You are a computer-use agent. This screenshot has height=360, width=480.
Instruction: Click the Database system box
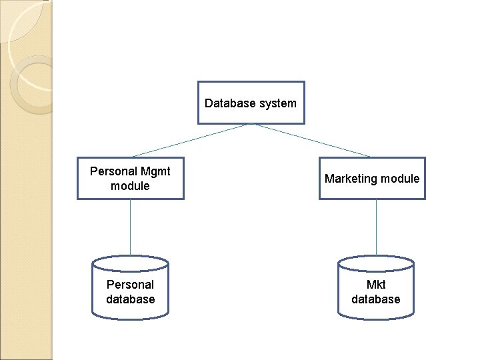[x=251, y=103]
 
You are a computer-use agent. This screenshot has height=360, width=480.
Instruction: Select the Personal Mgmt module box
[x=131, y=178]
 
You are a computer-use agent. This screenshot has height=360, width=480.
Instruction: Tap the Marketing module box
[x=372, y=178]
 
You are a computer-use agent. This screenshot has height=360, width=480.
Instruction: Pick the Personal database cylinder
[x=131, y=288]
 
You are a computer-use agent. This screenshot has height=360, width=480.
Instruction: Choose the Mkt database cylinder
[x=376, y=288]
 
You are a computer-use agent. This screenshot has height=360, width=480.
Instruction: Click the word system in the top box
[x=278, y=103]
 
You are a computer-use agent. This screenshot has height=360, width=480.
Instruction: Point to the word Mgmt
[x=155, y=171]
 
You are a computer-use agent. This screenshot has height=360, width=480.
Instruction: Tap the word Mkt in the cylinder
[x=376, y=285]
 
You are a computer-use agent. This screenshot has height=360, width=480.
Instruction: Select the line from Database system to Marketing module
[x=313, y=141]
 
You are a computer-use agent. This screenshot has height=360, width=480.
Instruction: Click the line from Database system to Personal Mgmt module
[x=190, y=141]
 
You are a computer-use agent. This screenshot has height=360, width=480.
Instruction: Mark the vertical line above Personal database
[x=131, y=227]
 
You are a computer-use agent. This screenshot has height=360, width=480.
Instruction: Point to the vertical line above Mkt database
[x=376, y=227]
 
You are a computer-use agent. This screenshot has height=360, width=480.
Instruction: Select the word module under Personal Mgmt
[x=130, y=186]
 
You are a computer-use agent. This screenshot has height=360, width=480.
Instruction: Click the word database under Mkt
[x=376, y=299]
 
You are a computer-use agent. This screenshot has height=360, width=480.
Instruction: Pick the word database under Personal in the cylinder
[x=131, y=299]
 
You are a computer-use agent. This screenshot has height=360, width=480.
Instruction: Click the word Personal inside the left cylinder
[x=130, y=285]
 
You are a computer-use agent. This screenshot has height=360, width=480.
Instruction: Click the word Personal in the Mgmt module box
[x=113, y=171]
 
